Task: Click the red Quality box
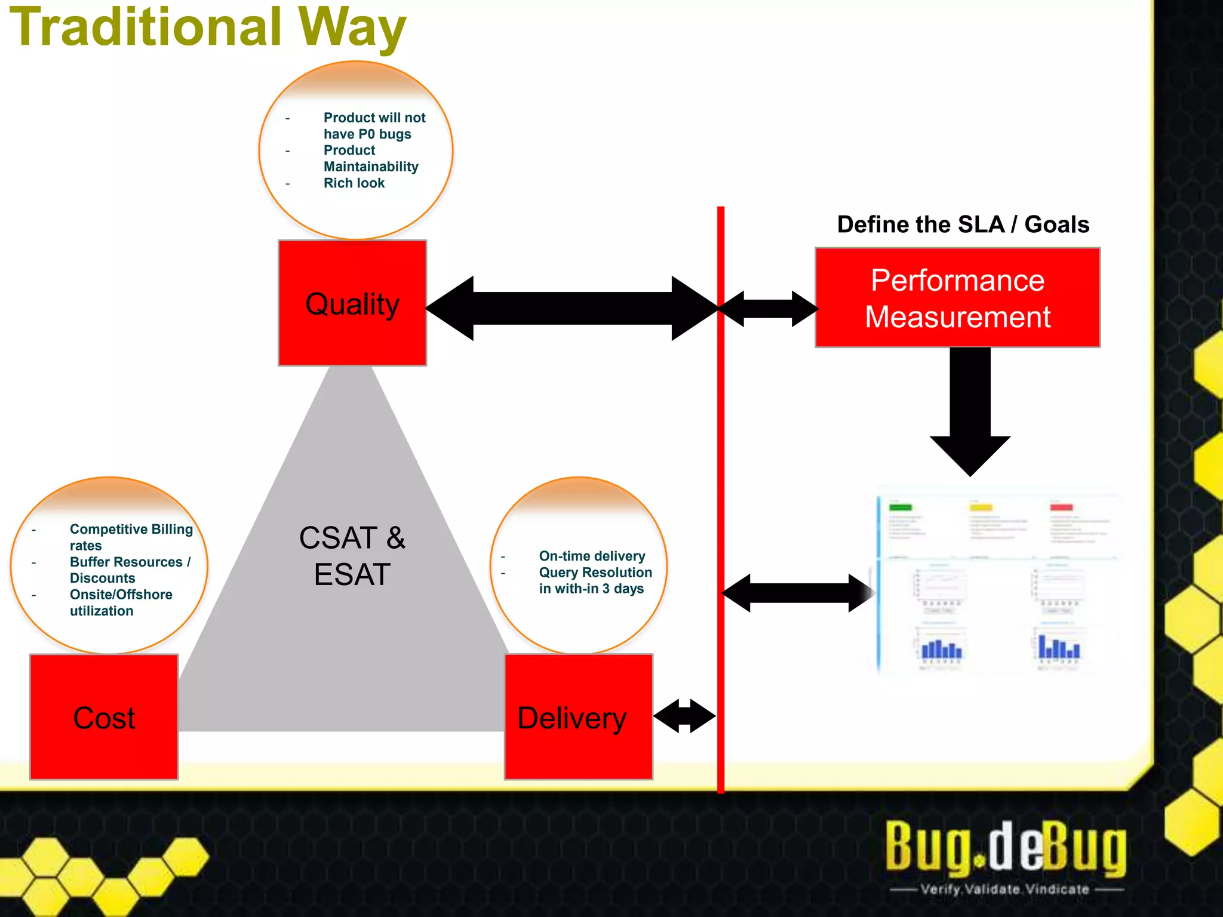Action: pyautogui.click(x=352, y=303)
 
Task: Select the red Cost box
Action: pyautogui.click(x=104, y=717)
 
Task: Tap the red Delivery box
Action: pyautogui.click(x=578, y=717)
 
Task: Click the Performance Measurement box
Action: pyautogui.click(x=957, y=298)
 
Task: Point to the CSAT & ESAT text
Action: pyautogui.click(x=352, y=556)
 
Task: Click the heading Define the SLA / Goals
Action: pyautogui.click(x=963, y=224)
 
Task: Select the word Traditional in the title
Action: pyautogui.click(x=146, y=27)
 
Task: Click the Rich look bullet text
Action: pyautogui.click(x=354, y=183)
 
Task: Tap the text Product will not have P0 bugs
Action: pyautogui.click(x=374, y=126)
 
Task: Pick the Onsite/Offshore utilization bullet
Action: pyautogui.click(x=121, y=602)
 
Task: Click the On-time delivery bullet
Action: pyautogui.click(x=592, y=556)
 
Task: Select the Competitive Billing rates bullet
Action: pyautogui.click(x=131, y=537)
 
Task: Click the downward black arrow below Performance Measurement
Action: pyautogui.click(x=970, y=412)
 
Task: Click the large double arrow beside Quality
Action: pyautogui.click(x=572, y=308)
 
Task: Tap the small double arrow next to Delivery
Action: pyautogui.click(x=684, y=716)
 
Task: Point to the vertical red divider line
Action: pyautogui.click(x=721, y=478)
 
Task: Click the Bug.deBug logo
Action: pyautogui.click(x=1006, y=847)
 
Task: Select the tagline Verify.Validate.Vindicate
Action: pyautogui.click(x=1004, y=889)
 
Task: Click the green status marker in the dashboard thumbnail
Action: pyautogui.click(x=901, y=507)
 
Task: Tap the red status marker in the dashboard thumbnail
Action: pyautogui.click(x=1061, y=507)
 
